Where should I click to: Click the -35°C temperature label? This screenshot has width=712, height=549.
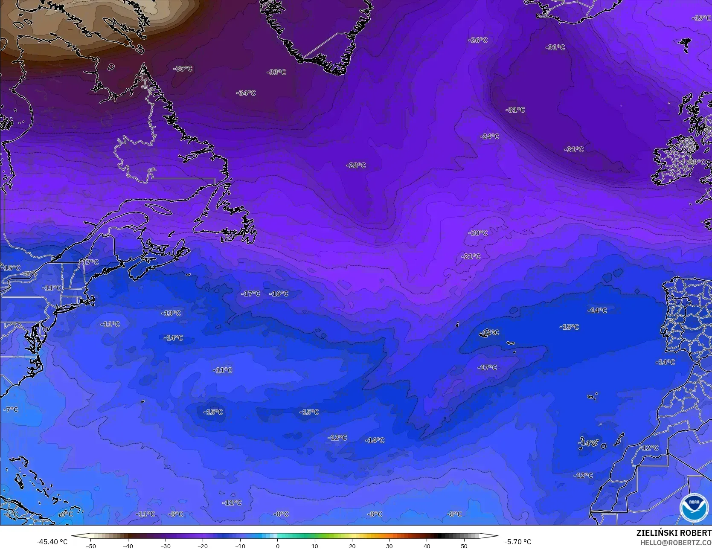pos(183,69)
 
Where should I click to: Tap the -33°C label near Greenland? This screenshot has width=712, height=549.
pos(276,72)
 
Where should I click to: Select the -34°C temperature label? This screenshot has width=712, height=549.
pos(246,93)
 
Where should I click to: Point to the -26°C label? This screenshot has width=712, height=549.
pos(478,40)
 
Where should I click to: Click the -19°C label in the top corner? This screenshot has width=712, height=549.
pos(701,18)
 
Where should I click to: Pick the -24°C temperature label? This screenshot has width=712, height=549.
pos(489,137)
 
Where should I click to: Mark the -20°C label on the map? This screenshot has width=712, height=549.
pos(478,233)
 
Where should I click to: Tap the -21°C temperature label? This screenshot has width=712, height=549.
pos(471,256)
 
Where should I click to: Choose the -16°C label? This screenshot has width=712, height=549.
pos(279,293)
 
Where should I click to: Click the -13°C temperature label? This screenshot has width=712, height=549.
pos(171,313)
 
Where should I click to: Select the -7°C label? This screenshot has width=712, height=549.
pos(11,410)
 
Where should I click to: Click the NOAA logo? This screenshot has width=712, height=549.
pos(694,508)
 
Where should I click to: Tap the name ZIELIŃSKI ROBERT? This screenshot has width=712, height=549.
pos(674,533)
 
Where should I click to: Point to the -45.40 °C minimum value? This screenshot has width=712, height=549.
pos(52,542)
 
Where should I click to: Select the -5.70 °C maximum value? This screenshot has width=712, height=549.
pos(517,542)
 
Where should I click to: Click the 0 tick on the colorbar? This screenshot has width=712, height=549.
pos(277,546)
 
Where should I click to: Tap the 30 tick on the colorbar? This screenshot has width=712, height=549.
pos(389,546)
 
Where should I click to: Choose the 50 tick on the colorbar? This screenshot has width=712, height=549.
pos(464,546)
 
